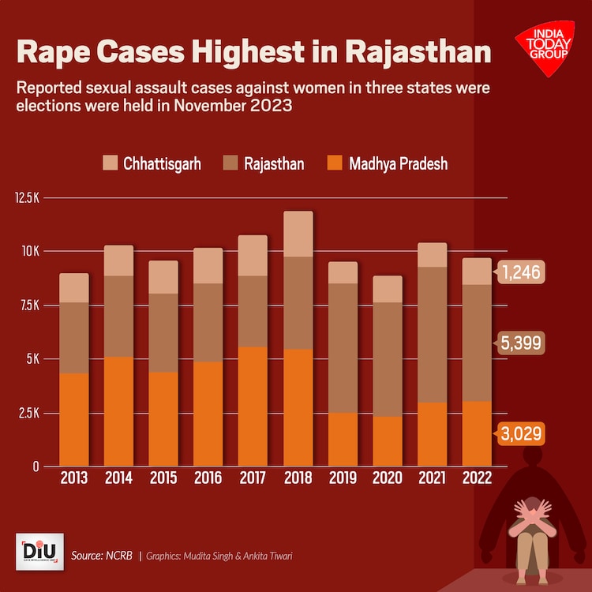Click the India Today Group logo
point(545,51)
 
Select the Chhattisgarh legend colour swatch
point(110,163)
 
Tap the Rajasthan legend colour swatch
point(231,163)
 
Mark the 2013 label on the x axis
point(73,478)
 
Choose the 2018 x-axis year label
point(298,478)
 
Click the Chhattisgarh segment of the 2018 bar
point(298,234)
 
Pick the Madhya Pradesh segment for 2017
point(253,407)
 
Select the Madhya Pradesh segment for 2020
point(388,441)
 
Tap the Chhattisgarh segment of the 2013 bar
point(73,288)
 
